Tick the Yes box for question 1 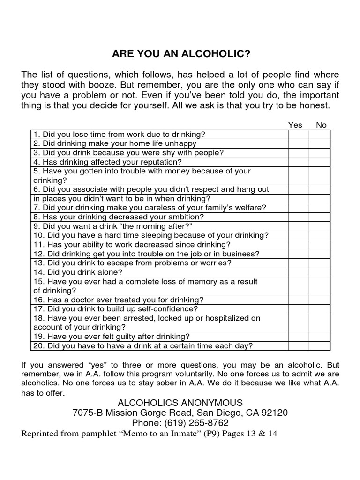[298, 135]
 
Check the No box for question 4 [320, 162]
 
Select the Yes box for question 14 [298, 272]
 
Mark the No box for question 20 [320, 346]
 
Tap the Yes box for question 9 [298, 226]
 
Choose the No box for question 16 [320, 300]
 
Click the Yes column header [295, 125]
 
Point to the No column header [321, 125]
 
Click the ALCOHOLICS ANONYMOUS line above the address [180, 403]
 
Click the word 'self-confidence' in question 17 [169, 309]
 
